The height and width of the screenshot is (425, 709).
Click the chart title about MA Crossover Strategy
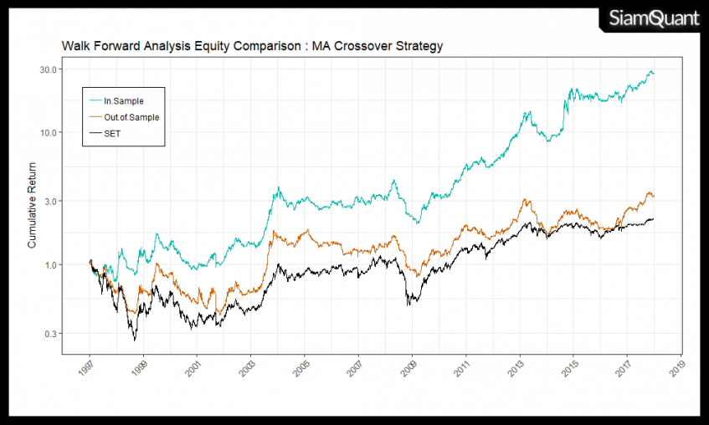[252, 46]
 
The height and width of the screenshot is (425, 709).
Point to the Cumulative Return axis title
[33, 206]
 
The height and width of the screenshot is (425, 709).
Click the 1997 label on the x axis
[87, 369]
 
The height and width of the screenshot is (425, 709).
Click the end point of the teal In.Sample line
[655, 74]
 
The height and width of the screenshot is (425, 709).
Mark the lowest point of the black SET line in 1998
[134, 341]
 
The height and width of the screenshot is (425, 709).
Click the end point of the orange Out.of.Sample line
[655, 197]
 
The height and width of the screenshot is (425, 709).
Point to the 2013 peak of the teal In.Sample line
[528, 110]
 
